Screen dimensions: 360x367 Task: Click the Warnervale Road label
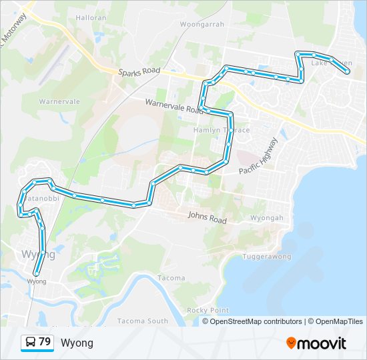174,105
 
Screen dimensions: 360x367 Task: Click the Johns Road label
207,217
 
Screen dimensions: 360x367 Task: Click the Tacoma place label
171,277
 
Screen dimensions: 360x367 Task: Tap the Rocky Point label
208,310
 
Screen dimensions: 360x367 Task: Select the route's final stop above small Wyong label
36,272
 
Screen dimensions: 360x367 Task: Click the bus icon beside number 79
31,343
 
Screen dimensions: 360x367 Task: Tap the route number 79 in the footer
45,342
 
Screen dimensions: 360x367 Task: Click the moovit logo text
322,343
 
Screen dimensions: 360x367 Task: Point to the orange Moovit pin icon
291,343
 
